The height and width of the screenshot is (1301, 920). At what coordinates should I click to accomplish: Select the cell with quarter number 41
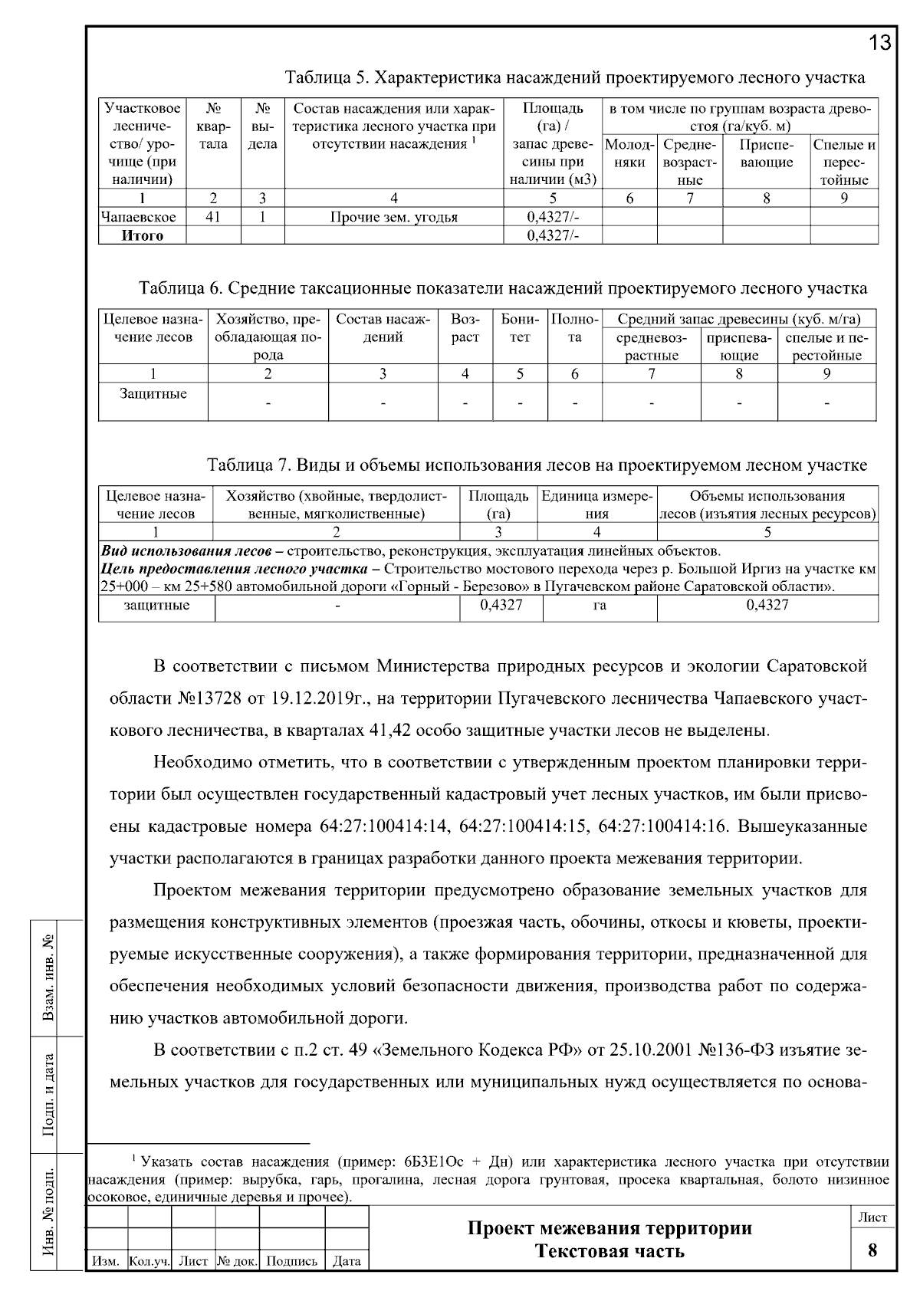(x=213, y=217)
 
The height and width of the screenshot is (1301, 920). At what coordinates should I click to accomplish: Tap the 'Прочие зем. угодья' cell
(x=393, y=217)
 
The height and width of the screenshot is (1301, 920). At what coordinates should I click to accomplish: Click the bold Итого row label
(x=143, y=235)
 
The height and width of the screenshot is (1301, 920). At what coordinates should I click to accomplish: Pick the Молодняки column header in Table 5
(x=629, y=153)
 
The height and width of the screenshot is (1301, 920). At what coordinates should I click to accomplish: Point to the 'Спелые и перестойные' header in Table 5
(x=843, y=162)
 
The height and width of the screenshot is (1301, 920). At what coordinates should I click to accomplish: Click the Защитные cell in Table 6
(x=153, y=394)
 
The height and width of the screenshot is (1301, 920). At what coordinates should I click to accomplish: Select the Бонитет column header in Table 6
(x=520, y=328)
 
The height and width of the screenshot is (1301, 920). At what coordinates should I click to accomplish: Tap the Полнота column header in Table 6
(x=574, y=328)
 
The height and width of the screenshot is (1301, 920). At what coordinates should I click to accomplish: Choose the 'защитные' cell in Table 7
(x=156, y=606)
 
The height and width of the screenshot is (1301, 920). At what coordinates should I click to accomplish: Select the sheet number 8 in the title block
(x=872, y=1250)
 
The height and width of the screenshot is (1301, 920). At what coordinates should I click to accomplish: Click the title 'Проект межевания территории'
(x=609, y=1228)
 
